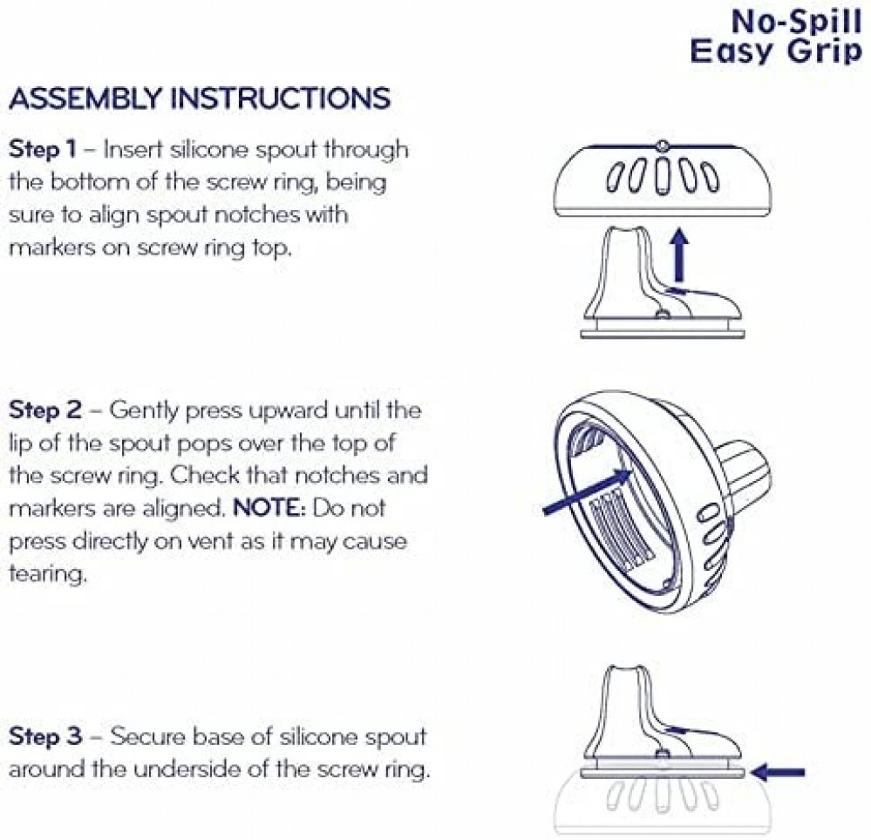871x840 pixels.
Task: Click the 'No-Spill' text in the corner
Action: point(797,22)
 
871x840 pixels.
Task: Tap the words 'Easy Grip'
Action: point(776,51)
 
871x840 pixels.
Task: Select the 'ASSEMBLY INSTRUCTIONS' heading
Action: point(200,98)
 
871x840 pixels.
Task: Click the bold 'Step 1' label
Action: point(42,149)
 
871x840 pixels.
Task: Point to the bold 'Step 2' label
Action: point(45,410)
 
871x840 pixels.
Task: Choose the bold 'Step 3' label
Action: point(45,736)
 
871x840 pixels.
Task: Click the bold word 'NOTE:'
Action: point(269,508)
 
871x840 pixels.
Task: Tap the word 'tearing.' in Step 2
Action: point(48,574)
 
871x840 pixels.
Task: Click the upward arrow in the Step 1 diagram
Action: point(678,257)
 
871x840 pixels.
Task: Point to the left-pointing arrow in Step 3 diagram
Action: point(777,772)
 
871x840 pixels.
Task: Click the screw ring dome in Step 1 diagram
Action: point(663,180)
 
